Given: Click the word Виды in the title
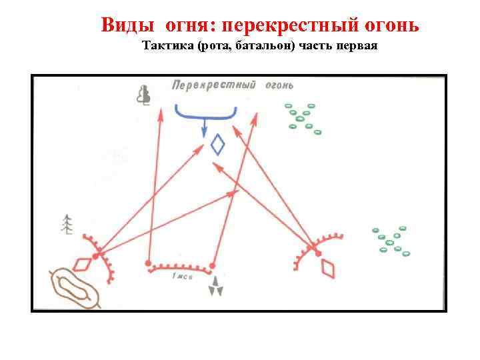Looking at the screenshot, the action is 126,25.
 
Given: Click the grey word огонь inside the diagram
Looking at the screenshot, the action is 279,85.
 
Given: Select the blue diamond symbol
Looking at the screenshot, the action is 217,144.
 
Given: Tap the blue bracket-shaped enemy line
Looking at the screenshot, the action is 205,112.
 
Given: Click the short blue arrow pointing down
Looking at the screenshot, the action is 205,127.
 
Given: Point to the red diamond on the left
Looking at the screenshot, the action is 82,264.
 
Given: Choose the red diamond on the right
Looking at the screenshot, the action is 328,267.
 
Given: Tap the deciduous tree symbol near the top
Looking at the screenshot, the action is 143,95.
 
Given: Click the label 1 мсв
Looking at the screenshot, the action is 181,276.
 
